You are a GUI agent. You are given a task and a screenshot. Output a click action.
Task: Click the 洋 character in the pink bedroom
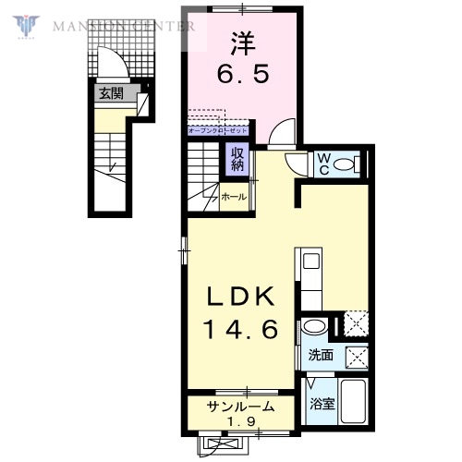coord(242,42)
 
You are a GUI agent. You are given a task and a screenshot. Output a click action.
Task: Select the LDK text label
coord(238,297)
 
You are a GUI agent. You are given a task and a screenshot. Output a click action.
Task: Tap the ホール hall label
coord(233,197)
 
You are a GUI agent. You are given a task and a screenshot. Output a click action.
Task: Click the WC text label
coord(324,164)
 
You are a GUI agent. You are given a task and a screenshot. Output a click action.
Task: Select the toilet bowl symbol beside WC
coord(346,165)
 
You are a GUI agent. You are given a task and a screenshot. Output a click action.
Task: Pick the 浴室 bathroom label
coord(321,404)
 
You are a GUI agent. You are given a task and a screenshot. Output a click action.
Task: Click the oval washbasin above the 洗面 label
coord(314,327)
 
